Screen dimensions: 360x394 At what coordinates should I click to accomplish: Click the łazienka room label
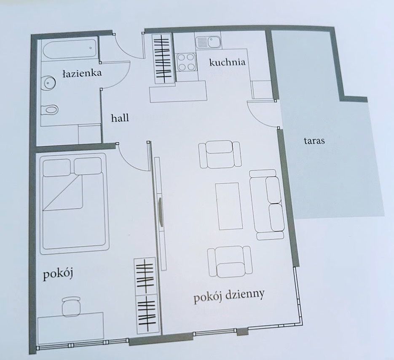[x=82, y=73]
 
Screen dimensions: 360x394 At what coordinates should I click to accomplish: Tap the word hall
[x=120, y=118]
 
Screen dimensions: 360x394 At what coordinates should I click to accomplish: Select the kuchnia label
[x=227, y=63]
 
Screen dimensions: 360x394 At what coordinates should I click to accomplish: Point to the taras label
[x=314, y=141]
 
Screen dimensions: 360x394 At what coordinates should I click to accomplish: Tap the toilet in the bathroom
[x=49, y=110]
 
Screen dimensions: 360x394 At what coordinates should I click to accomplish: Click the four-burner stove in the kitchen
[x=186, y=62]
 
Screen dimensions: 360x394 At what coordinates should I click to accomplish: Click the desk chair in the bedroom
[x=71, y=306]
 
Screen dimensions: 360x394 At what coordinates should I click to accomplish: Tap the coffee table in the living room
[x=228, y=206]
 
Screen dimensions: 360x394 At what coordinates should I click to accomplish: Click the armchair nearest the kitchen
[x=219, y=154]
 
